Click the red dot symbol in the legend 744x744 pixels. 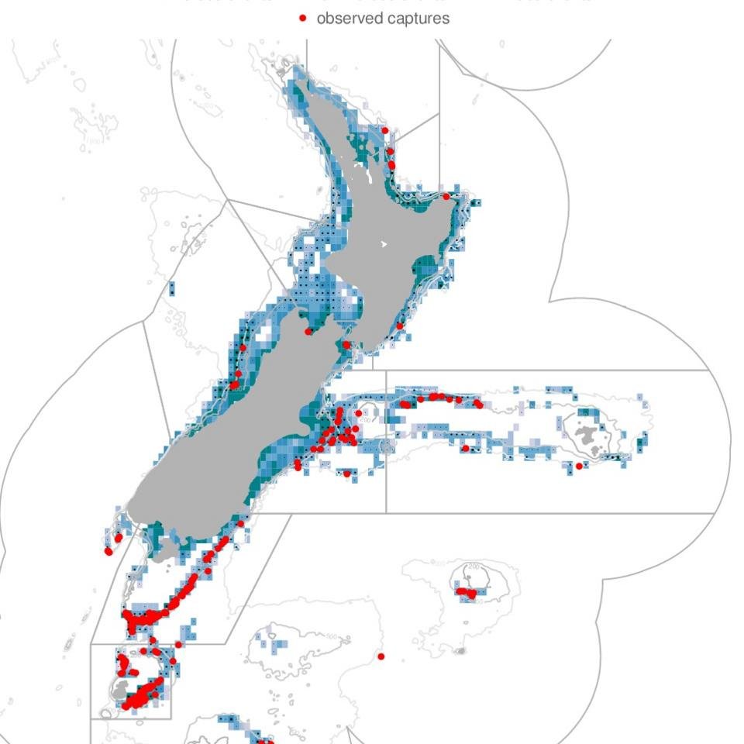[x=303, y=18]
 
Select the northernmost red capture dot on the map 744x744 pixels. [x=385, y=130]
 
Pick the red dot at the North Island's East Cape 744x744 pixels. [x=446, y=197]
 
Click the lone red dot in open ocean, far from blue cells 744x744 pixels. [x=381, y=656]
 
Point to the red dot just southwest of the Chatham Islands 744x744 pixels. [x=579, y=466]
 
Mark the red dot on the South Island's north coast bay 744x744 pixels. [x=308, y=331]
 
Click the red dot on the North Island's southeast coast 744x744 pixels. [x=400, y=326]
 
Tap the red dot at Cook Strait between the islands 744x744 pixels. [x=346, y=345]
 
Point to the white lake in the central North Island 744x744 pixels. [x=384, y=244]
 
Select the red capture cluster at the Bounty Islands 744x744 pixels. [x=467, y=593]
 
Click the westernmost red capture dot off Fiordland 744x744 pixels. [x=108, y=551]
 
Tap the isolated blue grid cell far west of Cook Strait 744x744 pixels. [x=171, y=289]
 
